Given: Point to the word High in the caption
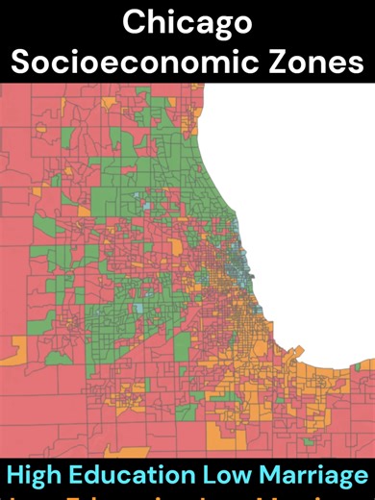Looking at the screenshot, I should tap(36, 475).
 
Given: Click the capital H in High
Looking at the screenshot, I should tap(16, 475).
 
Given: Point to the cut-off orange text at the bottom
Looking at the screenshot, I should tap(187, 496).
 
